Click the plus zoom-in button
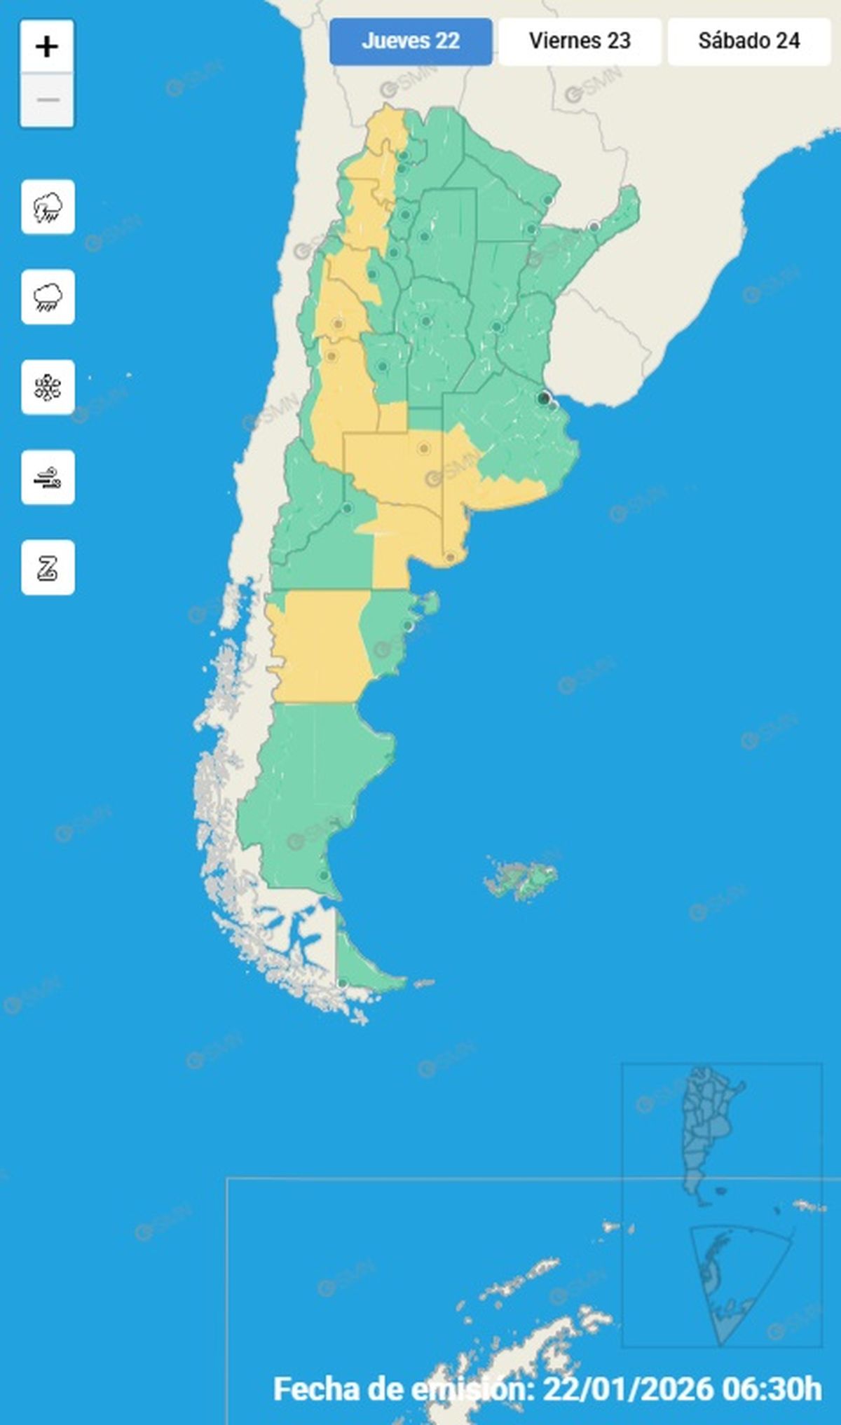47,47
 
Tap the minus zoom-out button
47,100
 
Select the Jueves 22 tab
411,41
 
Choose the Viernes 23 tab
580,41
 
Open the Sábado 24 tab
748,41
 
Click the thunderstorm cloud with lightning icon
48,207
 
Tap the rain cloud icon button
48,297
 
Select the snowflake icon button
48,387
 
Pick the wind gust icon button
48,478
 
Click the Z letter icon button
48,567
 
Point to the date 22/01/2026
628,1389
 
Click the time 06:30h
771,1389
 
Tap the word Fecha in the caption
315,1389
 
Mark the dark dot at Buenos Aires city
543,398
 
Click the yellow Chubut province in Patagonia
319,645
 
